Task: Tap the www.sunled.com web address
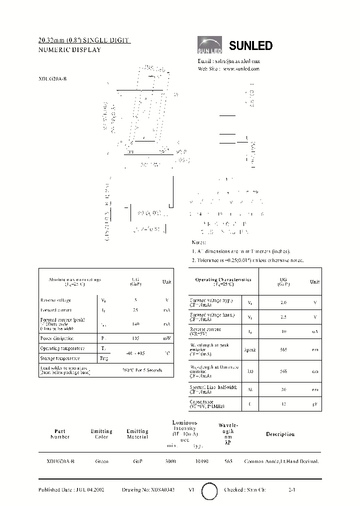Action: pyautogui.click(x=241, y=68)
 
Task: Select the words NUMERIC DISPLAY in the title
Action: pyautogui.click(x=69, y=49)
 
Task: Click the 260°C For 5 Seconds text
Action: pyautogui.click(x=142, y=370)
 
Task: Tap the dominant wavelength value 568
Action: pyautogui.click(x=283, y=371)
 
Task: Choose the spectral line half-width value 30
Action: pyautogui.click(x=283, y=388)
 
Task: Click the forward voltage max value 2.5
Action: pyautogui.click(x=283, y=317)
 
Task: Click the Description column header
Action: pyautogui.click(x=280, y=434)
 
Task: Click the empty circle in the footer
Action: pyautogui.click(x=209, y=491)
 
